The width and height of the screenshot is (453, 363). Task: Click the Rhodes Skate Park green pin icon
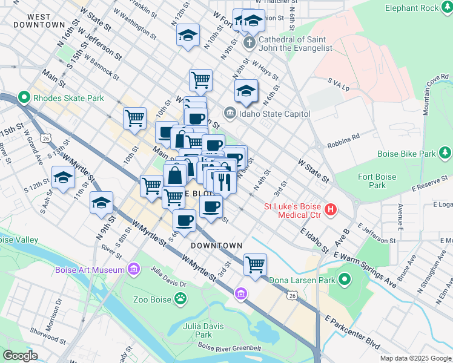pos(24,97)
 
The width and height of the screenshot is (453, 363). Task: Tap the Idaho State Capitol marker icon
pos(230,113)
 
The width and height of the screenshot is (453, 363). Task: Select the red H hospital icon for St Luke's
pos(331,210)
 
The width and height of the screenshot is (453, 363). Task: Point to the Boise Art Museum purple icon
pos(133,268)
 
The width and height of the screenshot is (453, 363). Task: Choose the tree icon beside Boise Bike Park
pos(445,153)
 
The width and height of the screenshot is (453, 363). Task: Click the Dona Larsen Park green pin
pos(345,280)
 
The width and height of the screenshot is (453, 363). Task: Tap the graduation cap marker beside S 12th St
pos(63,178)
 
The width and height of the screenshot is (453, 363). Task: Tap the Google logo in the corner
pos(20,356)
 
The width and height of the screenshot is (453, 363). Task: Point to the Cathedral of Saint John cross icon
pos(249,43)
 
